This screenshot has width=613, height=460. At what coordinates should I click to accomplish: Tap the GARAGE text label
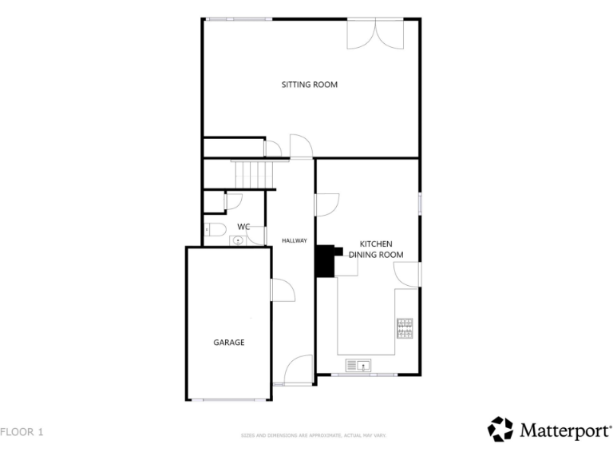[x=228, y=342]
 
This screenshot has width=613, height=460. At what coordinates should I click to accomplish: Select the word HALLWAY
[x=295, y=240]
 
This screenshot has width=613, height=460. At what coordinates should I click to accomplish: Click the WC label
[x=243, y=227]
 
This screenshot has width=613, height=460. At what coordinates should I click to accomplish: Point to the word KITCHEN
[x=376, y=244]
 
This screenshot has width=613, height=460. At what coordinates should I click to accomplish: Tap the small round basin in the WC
[x=238, y=240]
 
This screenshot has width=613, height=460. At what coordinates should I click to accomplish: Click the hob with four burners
[x=405, y=328]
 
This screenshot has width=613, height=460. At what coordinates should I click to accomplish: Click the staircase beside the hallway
[x=252, y=172]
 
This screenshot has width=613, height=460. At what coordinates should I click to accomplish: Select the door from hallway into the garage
[x=281, y=291]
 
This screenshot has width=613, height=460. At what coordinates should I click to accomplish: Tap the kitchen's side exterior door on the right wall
[x=409, y=275]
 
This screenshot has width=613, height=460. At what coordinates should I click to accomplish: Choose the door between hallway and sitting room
[x=301, y=147]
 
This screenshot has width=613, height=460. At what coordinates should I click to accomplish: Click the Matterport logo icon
[x=500, y=429]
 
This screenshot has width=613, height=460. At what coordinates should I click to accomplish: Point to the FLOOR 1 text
[x=22, y=432]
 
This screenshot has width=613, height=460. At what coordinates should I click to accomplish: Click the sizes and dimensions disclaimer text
[x=314, y=435]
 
